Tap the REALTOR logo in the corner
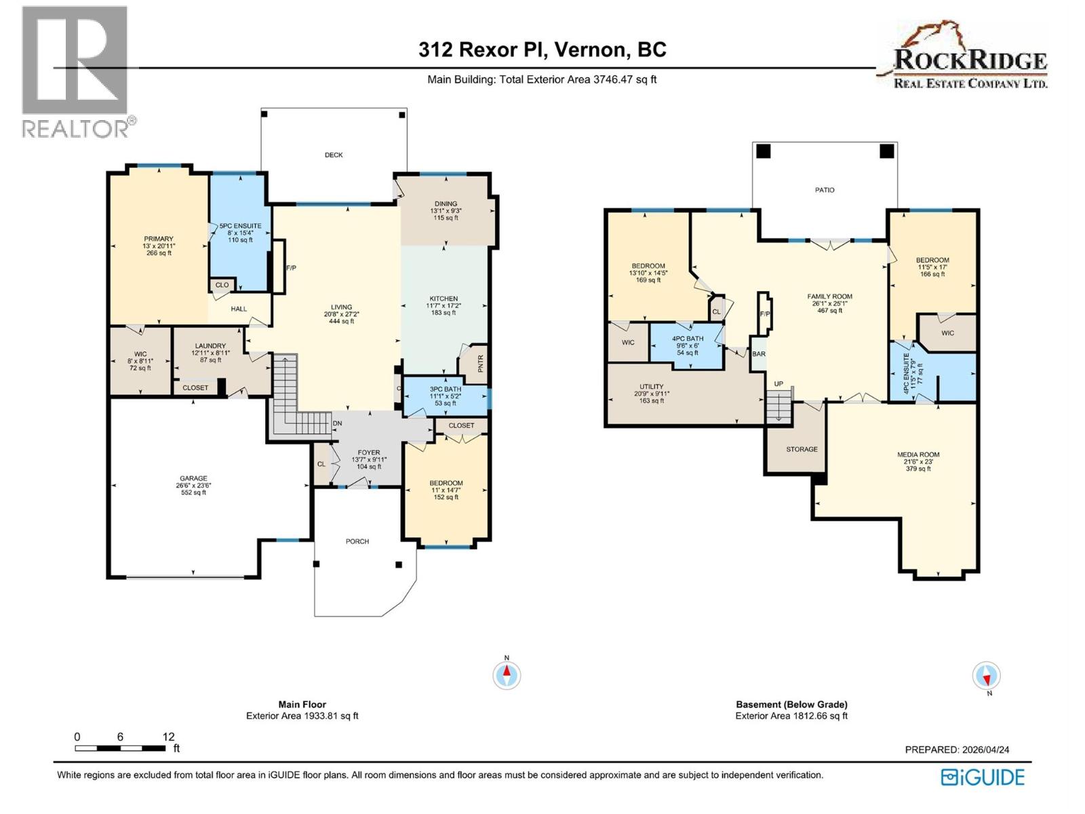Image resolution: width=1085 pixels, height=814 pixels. point(75,71)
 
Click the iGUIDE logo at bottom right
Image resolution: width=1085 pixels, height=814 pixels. point(983,777)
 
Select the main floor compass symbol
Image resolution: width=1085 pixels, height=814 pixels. point(507,675)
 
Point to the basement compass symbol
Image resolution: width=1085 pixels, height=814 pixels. point(986,676)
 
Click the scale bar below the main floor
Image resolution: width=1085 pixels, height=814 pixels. point(121,748)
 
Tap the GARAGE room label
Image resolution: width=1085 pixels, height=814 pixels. point(193,478)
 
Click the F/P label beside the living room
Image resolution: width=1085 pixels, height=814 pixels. point(291,268)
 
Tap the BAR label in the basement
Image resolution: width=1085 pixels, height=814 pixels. point(759,354)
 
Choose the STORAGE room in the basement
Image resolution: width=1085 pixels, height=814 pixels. point(802,449)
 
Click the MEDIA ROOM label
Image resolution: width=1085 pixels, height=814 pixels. point(919,455)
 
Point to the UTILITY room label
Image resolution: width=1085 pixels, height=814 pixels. point(651,387)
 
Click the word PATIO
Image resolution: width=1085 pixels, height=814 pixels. point(825,190)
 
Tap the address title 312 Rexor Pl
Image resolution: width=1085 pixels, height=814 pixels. point(542,50)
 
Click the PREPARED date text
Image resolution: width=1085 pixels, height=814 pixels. point(957,750)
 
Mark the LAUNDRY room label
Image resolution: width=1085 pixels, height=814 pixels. point(210,346)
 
